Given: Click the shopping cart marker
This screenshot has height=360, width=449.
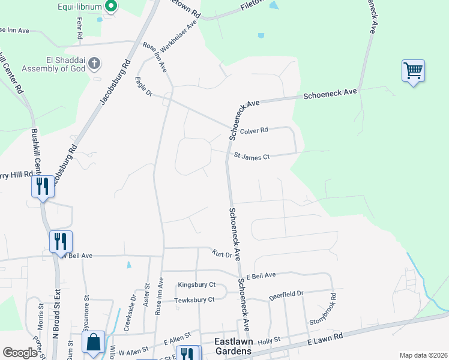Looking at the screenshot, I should [x=413, y=71].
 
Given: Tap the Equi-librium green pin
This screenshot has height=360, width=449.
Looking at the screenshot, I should [x=111, y=7].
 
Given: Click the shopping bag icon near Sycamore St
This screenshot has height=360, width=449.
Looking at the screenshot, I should [x=93, y=343].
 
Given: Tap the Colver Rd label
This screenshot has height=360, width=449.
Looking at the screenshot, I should [x=254, y=130].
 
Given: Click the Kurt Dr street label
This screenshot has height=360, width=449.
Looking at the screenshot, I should [x=221, y=254].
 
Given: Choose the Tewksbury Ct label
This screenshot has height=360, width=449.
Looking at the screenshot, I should [x=194, y=299].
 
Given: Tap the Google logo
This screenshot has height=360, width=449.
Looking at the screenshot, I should [x=20, y=353].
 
